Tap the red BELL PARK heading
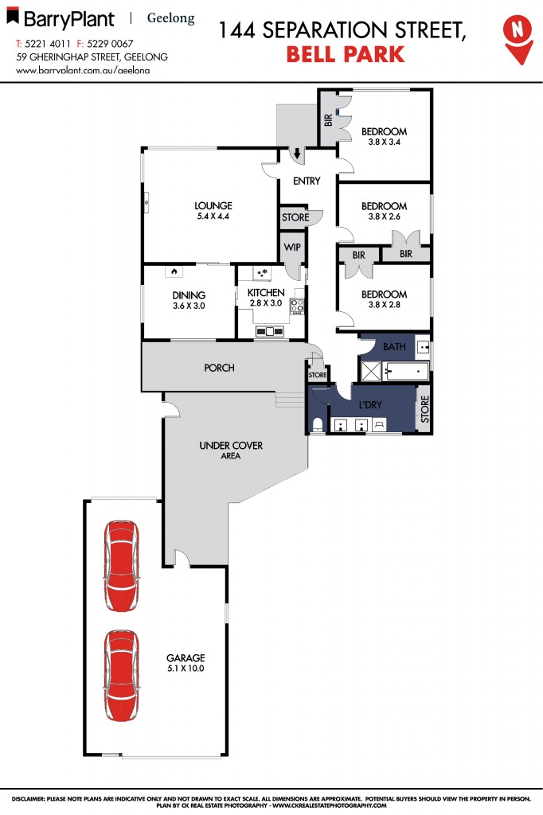tap(344, 55)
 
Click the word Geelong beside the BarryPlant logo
tap(171, 18)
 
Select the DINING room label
tap(189, 294)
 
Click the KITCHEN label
tap(265, 293)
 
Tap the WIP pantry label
tap(291, 248)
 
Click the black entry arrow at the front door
tap(296, 154)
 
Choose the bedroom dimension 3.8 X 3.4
tap(384, 143)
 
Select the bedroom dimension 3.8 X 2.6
tap(384, 217)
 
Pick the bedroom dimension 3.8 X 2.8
tap(384, 306)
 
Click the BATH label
tap(394, 347)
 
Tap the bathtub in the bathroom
tap(405, 370)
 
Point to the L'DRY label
tap(369, 405)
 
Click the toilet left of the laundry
tap(318, 424)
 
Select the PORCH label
tap(218, 368)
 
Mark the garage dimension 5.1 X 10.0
tap(186, 669)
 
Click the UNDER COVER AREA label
tap(231, 450)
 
